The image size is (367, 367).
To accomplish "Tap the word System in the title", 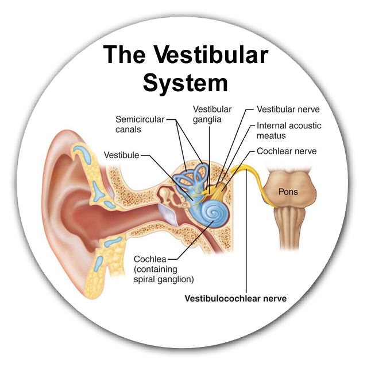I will coord(185,83).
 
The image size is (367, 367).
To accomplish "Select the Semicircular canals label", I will coord(140,124).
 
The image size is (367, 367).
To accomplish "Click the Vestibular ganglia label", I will coord(212,114).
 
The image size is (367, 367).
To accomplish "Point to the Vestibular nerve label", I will coord(288,109).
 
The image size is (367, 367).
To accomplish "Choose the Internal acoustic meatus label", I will coord(289,131).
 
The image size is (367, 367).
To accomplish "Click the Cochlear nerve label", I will coord(287,151).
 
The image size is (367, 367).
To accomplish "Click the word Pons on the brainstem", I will coord(288,192).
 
